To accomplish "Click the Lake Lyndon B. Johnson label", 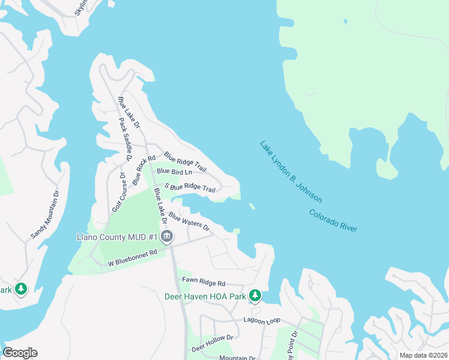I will (291, 172).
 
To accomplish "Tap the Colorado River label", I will (333, 221).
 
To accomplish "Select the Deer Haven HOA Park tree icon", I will (255, 296).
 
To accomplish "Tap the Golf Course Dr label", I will (118, 192).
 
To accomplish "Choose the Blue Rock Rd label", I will (139, 170).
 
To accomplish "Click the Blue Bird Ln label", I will (174, 172).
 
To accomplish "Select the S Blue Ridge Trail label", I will (190, 188).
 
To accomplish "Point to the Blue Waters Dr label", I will (188, 221).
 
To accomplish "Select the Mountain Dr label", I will (237, 358).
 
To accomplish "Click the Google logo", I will (20, 352).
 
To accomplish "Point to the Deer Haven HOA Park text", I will (205, 296).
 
